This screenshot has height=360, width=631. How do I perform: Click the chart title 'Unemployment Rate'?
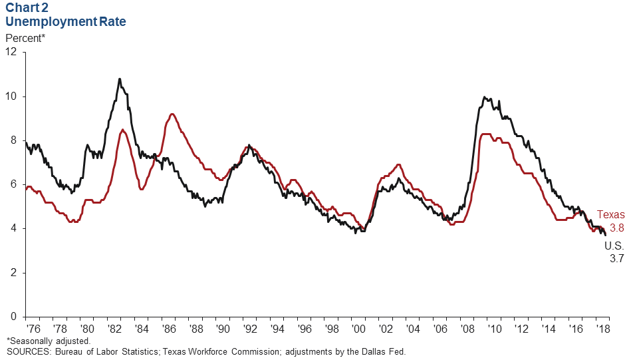coord(66,21)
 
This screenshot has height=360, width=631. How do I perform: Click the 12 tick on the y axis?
coord(11,53)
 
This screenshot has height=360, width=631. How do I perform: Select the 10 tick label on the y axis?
coord(11,96)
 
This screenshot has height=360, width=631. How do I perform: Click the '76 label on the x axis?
coord(31,329)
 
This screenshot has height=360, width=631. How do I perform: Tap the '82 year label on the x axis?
coord(114,329)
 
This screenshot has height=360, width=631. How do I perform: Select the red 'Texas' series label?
coord(610,214)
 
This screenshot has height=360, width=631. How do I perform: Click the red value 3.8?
coord(617,228)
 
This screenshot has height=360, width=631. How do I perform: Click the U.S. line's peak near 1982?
coord(120,79)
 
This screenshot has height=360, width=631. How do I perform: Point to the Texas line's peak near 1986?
coord(172,114)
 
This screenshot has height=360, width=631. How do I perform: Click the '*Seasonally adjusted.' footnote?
coord(49,341)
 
